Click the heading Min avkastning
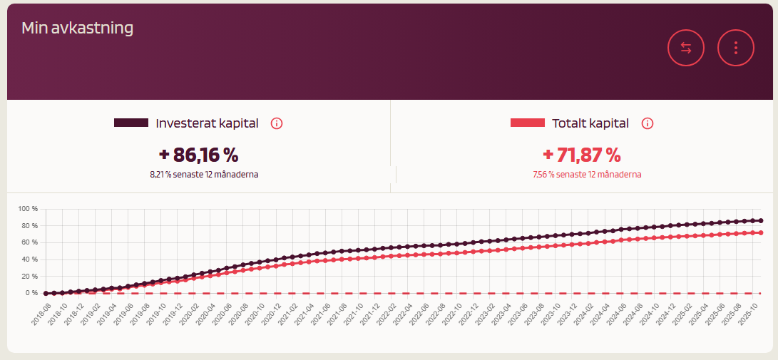point(78,29)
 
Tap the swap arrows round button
point(686,48)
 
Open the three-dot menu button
point(735,48)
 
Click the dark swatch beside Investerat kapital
point(131,123)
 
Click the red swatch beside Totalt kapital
point(528,123)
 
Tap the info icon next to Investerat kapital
point(277,123)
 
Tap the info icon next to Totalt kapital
point(648,123)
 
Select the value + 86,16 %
point(198,155)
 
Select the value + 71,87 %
point(582,155)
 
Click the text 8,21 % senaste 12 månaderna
point(204,175)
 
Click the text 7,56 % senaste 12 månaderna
point(587,175)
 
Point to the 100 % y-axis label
point(28,209)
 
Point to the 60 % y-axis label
point(29,242)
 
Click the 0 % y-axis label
point(32,293)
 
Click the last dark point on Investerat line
point(760,221)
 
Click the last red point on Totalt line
point(760,232)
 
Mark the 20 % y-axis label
point(29,276)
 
